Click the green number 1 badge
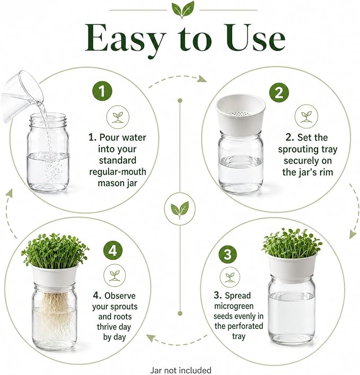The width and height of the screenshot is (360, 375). click(102, 91)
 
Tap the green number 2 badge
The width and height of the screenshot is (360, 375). click(279, 93)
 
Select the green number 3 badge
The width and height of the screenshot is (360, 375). click(227, 254)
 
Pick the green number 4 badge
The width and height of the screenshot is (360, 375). click(113, 251)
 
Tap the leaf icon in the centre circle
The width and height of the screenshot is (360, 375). click(180, 210)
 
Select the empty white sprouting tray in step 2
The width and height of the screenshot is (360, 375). click(241, 115)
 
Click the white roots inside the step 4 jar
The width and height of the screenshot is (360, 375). click(55, 313)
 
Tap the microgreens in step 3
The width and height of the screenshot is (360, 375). click(292, 243)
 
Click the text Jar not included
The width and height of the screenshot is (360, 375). click(181, 370)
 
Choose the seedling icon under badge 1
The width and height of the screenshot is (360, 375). click(118, 117)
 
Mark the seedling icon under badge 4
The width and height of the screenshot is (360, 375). click(115, 275)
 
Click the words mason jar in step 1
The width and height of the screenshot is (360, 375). click(117, 183)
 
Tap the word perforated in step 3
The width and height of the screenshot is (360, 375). click(239, 326)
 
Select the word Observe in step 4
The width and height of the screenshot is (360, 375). click(120, 296)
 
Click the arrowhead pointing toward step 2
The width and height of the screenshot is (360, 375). click(202, 79)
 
